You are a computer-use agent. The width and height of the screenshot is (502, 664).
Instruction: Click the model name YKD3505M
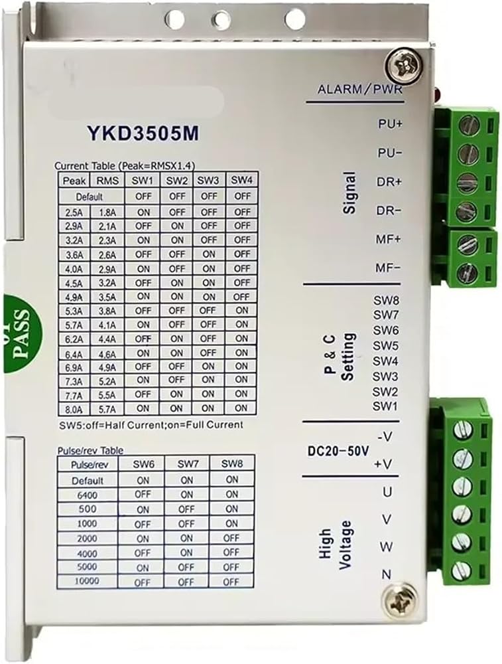tap(143, 133)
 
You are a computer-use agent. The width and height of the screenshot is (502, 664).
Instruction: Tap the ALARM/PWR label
tap(359, 90)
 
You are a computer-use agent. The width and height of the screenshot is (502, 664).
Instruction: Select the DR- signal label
tap(389, 210)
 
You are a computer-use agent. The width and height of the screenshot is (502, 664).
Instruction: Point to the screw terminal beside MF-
tap(467, 272)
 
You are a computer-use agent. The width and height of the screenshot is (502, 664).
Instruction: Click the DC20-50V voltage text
tap(338, 451)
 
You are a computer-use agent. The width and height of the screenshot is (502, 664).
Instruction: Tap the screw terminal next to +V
tap(462, 459)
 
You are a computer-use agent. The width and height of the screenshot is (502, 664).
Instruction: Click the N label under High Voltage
tap(386, 574)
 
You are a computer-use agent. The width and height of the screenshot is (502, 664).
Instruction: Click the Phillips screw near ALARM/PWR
tap(403, 66)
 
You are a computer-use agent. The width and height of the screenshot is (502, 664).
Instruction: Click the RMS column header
tap(107, 181)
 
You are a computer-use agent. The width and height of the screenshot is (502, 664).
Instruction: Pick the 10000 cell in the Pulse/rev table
tap(87, 581)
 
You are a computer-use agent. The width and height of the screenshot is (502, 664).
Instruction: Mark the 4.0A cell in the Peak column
tap(74, 269)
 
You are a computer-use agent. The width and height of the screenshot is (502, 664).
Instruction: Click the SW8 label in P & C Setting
tap(386, 300)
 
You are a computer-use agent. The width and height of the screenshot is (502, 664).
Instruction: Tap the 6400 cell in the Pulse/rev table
tap(87, 495)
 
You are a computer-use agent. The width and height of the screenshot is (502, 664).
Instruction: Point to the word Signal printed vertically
tap(349, 193)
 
